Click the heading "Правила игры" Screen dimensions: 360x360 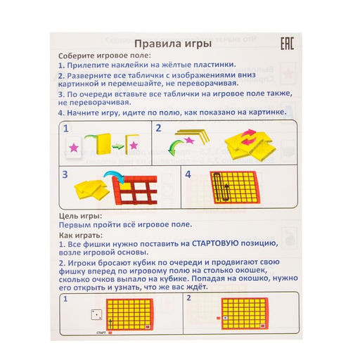coord(173,44)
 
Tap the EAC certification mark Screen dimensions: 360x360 coord(286,44)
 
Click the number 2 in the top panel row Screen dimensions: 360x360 coord(159,129)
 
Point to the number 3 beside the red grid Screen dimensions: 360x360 coord(65,175)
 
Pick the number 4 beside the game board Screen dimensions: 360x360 coord(188,175)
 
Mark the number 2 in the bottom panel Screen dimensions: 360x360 coord(188,298)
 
